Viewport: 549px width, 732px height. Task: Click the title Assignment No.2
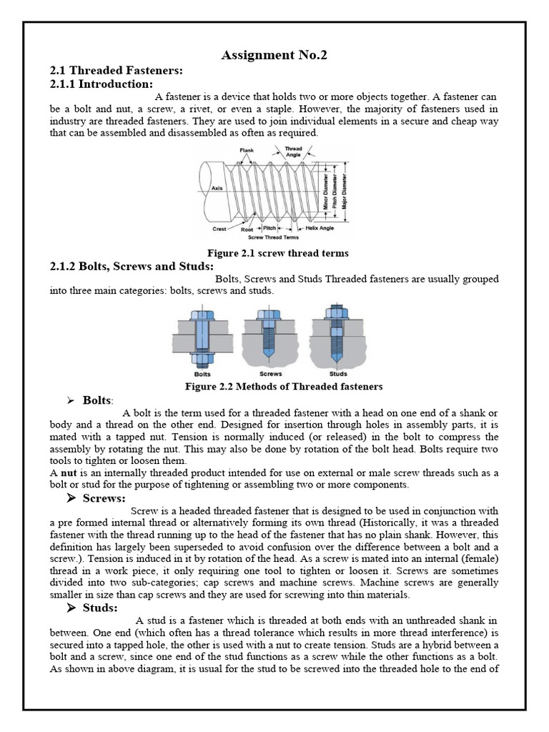point(274,56)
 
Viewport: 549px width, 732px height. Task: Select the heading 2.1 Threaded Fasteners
point(117,70)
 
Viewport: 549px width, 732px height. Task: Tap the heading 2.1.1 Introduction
point(101,84)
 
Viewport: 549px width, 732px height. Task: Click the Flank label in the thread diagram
point(247,150)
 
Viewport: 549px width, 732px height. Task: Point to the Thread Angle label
point(293,152)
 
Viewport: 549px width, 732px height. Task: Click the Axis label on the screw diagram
point(217,189)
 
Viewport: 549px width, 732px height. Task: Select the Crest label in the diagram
point(219,229)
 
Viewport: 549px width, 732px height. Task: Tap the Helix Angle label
point(320,229)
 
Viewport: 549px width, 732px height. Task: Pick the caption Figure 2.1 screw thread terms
point(277,253)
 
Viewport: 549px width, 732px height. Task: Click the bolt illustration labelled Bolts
point(202,335)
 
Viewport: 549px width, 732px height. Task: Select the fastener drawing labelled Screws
point(271,335)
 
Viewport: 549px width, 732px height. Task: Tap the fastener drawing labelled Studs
point(338,335)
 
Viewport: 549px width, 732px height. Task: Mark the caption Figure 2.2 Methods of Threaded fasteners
point(284,386)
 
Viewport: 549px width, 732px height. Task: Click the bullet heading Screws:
point(104,498)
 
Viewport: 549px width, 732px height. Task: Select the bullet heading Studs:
point(100,608)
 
